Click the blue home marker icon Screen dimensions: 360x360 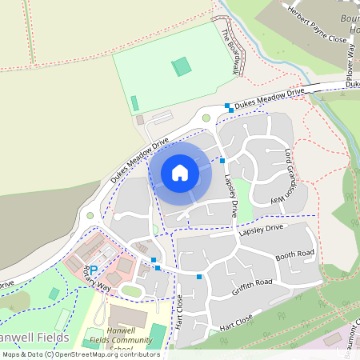point(180,172)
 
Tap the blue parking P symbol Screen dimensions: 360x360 point(94,271)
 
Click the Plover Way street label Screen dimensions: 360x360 point(350,58)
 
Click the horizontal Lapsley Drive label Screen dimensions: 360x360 point(261,230)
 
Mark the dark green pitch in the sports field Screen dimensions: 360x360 point(183,66)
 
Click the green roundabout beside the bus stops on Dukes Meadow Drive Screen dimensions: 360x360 point(206,118)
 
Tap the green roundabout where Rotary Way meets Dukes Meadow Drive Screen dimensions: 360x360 point(90,215)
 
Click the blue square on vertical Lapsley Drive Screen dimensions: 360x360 point(222,161)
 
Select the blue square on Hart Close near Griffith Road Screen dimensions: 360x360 point(199,277)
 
